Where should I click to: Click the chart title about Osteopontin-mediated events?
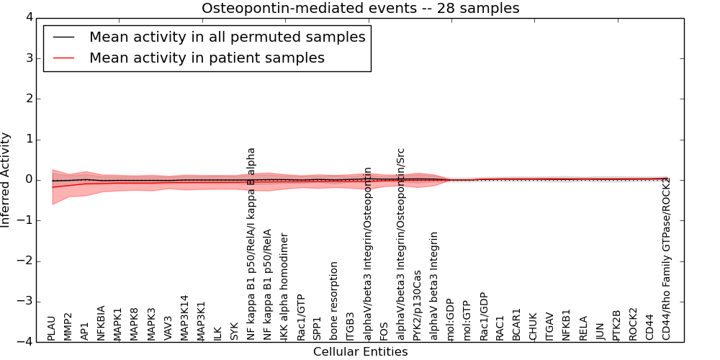tap(360, 8)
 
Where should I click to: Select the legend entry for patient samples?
tap(207, 58)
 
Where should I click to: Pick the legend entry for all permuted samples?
tap(227, 37)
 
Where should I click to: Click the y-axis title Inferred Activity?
tap(6, 179)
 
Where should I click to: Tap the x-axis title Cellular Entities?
tap(360, 352)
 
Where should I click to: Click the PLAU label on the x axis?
tap(51, 328)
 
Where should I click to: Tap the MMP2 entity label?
tap(68, 326)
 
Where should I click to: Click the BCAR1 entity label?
tap(516, 324)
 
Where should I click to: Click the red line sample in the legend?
tap(63, 58)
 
